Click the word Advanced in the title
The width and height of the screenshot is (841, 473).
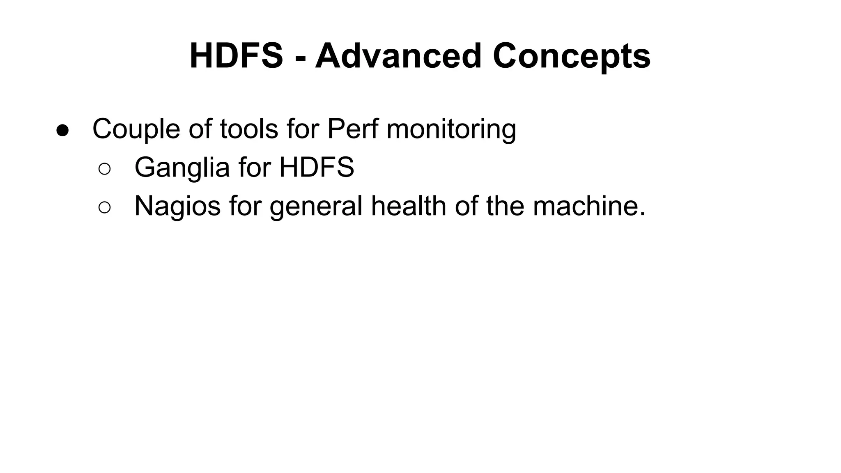click(398, 56)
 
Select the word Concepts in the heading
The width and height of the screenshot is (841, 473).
click(571, 56)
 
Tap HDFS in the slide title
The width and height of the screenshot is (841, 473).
click(236, 56)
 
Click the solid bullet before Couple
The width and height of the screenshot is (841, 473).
click(63, 130)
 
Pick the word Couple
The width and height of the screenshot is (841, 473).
click(136, 129)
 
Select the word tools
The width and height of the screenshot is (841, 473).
click(246, 129)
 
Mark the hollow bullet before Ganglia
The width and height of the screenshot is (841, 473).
click(105, 169)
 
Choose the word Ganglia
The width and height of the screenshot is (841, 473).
click(182, 168)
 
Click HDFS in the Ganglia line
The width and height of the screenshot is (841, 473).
click(317, 168)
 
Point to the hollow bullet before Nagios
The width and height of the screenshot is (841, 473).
click(105, 207)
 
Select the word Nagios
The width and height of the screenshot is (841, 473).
click(177, 207)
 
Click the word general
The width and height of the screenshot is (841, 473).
click(316, 207)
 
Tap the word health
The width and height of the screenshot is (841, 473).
click(408, 207)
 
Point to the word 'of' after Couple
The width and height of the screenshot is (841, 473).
click(200, 129)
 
